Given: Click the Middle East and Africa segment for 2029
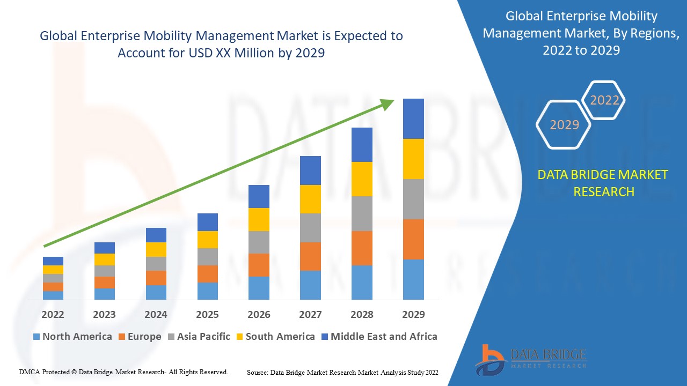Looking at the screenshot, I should pos(413,118).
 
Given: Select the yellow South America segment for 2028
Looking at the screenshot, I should pos(362,179).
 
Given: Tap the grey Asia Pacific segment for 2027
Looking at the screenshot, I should pos(310,228).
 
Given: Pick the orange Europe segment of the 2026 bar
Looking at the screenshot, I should pos(259,265).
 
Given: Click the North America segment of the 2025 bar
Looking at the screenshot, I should pos(207,291).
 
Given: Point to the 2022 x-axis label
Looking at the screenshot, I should pos(53,314).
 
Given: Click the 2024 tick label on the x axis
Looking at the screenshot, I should pos(156,314).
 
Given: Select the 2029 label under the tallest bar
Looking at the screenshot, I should pos(413,314).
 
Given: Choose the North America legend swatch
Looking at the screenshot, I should pos(36,337).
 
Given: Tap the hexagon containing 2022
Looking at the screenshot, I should pos(604,100).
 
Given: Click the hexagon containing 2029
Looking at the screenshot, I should pos(564,125).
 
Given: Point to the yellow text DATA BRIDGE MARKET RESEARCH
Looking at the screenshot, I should pos(603,183).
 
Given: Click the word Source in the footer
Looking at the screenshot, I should pos(258,372).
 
